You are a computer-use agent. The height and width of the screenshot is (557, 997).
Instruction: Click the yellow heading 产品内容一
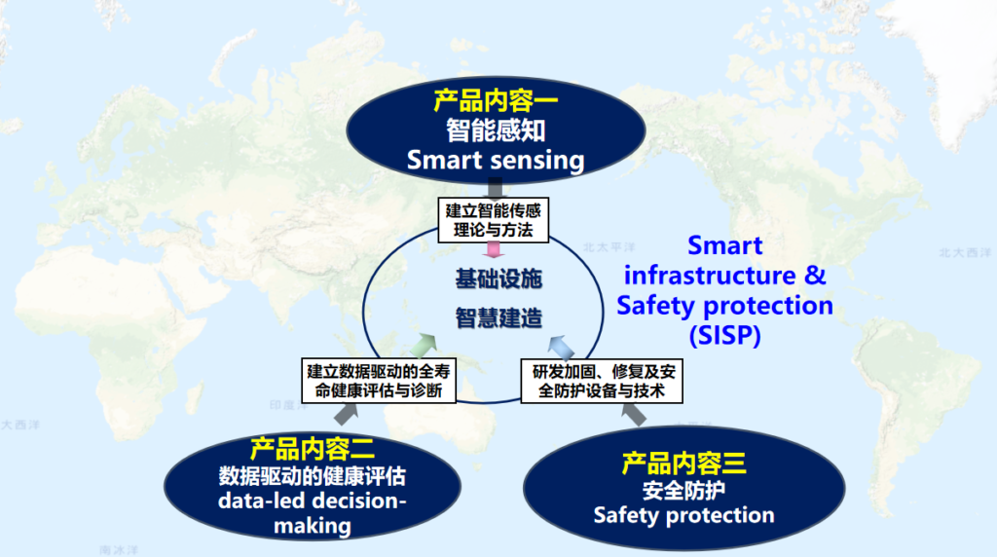496,101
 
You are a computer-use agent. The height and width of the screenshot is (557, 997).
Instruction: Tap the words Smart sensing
496,159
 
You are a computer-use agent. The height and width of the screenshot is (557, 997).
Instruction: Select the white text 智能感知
496,130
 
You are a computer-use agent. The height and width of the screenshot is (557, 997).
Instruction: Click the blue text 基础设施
498,279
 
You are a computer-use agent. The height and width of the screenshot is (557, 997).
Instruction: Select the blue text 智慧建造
498,317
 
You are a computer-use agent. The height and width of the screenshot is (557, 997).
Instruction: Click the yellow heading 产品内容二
312,449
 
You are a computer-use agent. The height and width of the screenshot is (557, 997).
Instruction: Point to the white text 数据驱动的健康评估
312,476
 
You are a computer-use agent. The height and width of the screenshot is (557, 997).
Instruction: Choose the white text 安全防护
683,488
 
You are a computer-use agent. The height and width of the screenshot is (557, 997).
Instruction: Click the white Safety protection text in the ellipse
683,514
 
